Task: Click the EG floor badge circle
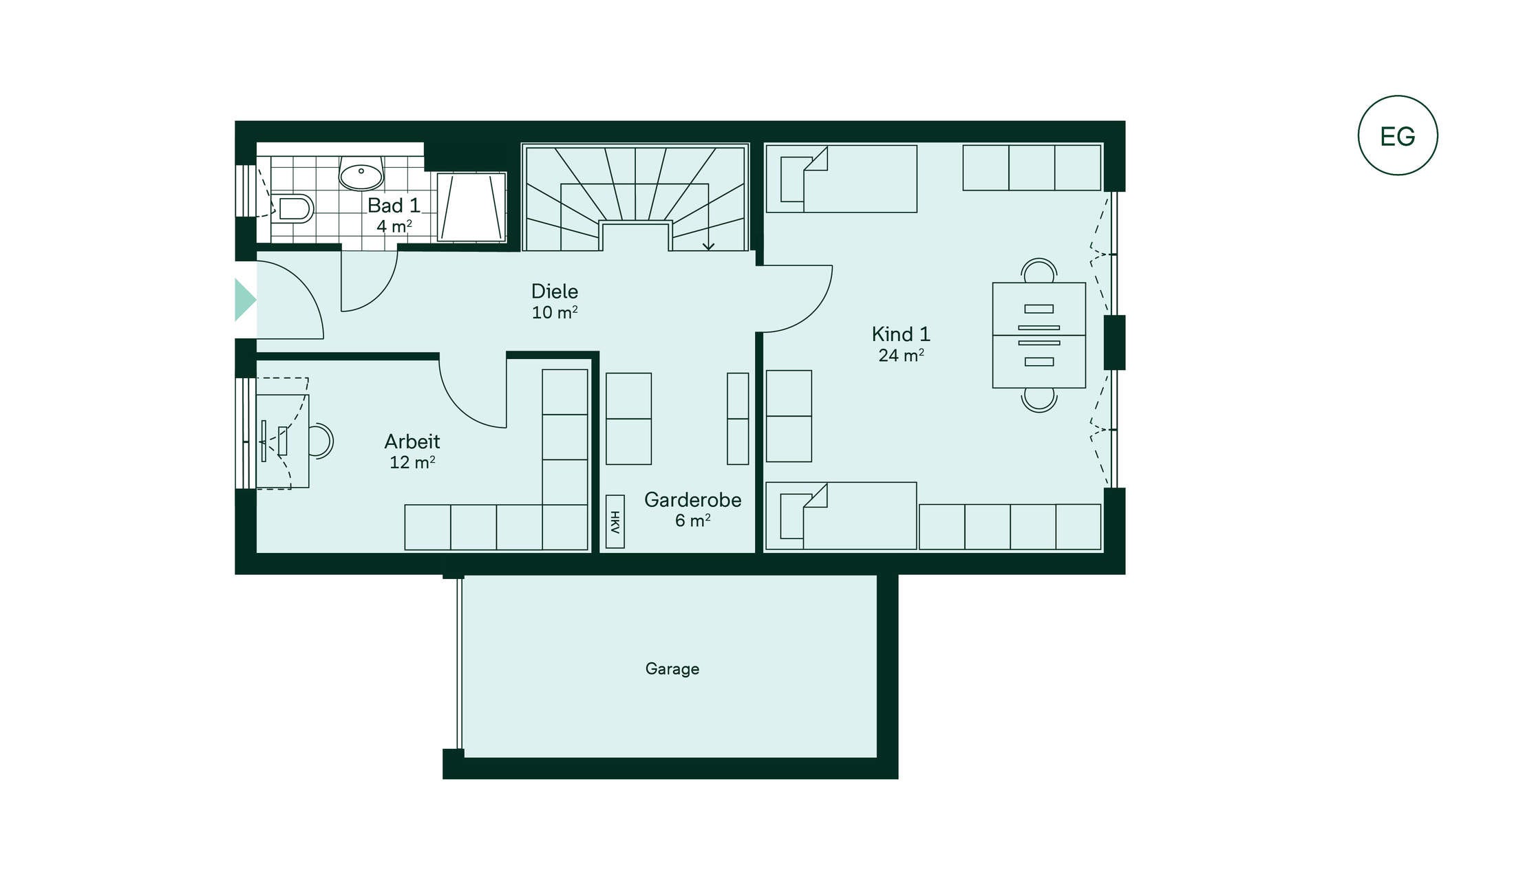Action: (1397, 97)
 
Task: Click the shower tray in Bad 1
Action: (471, 207)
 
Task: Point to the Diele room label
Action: (555, 291)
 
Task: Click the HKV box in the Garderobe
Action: (615, 522)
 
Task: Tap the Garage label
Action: (672, 668)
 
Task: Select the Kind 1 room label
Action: (901, 334)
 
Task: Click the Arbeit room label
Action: (412, 441)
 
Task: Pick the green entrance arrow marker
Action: (244, 300)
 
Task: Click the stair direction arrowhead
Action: (708, 246)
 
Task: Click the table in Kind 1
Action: (1038, 335)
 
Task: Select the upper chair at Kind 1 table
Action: (1038, 270)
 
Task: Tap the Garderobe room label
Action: (692, 500)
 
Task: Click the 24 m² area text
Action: (901, 356)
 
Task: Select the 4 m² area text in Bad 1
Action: (394, 226)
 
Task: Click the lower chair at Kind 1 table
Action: (1038, 400)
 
